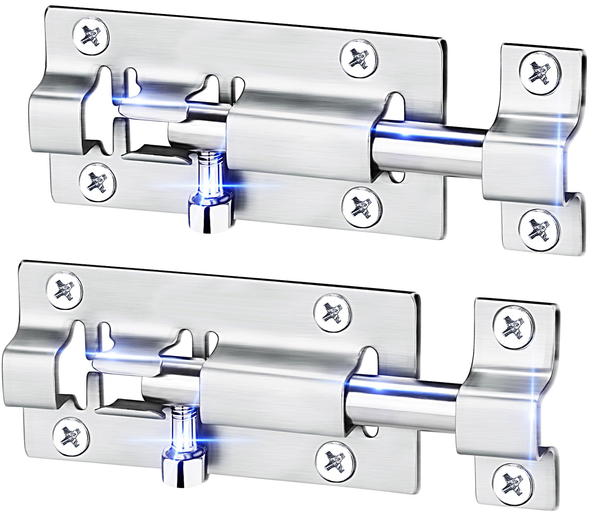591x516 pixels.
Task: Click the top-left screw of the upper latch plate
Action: pos(91,37)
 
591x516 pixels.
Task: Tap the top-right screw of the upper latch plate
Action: pos(360,58)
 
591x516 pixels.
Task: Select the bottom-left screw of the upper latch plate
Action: pos(98,182)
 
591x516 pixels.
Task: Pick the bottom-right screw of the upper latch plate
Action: pos(362,206)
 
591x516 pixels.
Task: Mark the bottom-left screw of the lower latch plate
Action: pos(71,436)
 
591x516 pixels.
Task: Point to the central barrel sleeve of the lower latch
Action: pos(273,398)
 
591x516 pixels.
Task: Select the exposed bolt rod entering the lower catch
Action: pos(403,399)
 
